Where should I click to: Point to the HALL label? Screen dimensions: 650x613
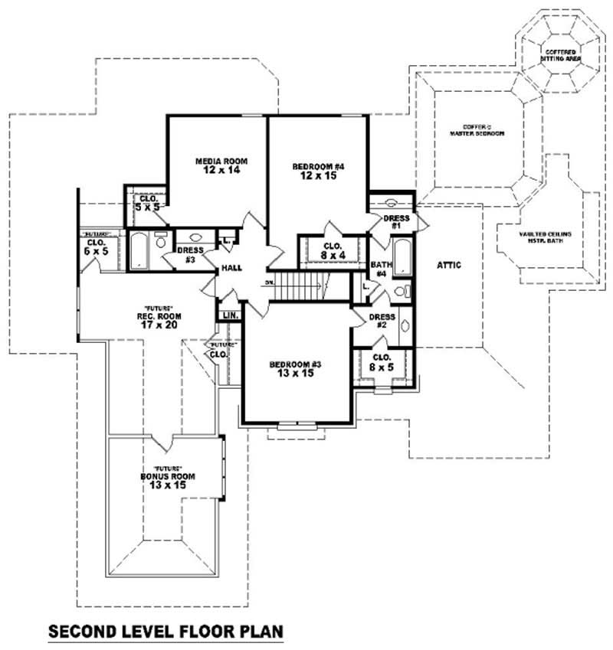[x=232, y=269]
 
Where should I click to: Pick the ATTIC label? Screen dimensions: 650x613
[x=449, y=265]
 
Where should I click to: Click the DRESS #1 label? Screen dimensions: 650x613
[x=396, y=222]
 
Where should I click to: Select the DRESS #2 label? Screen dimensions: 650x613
[x=382, y=321]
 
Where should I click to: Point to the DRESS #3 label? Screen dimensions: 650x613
[x=188, y=255]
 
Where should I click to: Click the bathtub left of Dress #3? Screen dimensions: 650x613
[x=139, y=250]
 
